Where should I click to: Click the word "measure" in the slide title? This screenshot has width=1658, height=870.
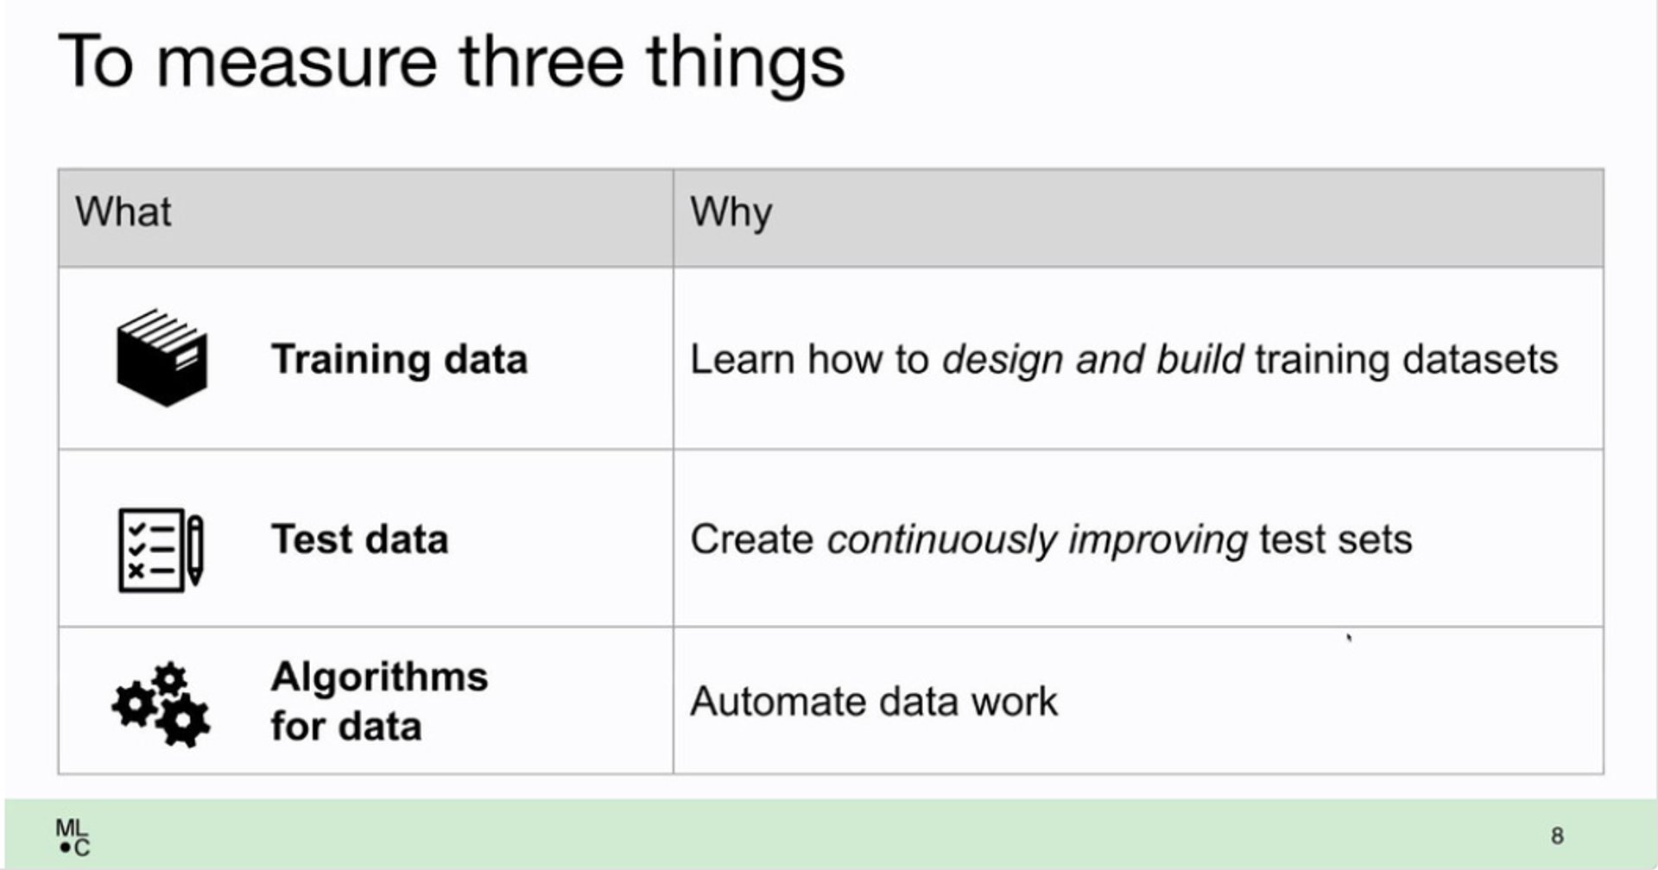tap(297, 63)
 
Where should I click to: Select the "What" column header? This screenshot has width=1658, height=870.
tap(123, 211)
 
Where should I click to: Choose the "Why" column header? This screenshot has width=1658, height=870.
tap(731, 213)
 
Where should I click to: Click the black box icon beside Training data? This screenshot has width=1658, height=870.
tap(162, 357)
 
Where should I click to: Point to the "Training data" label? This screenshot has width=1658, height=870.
tap(399, 360)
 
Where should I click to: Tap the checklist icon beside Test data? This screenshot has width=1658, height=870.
tap(161, 550)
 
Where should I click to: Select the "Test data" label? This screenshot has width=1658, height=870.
tap(359, 539)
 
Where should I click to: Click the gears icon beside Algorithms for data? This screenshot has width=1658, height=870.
tap(161, 704)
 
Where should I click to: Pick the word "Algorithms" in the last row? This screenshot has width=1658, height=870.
tap(379, 678)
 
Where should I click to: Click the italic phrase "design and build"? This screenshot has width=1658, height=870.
tap(1092, 359)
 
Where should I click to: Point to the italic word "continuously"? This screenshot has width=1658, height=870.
tap(941, 540)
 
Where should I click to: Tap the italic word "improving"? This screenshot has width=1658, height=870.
tap(1157, 541)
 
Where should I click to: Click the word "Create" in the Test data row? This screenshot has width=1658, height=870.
tap(751, 539)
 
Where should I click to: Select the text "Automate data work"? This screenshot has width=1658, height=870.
tap(873, 701)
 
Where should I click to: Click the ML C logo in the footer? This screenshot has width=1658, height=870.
tap(73, 837)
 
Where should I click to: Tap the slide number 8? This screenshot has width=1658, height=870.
tap(1557, 835)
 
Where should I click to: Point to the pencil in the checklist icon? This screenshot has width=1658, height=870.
tap(195, 550)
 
